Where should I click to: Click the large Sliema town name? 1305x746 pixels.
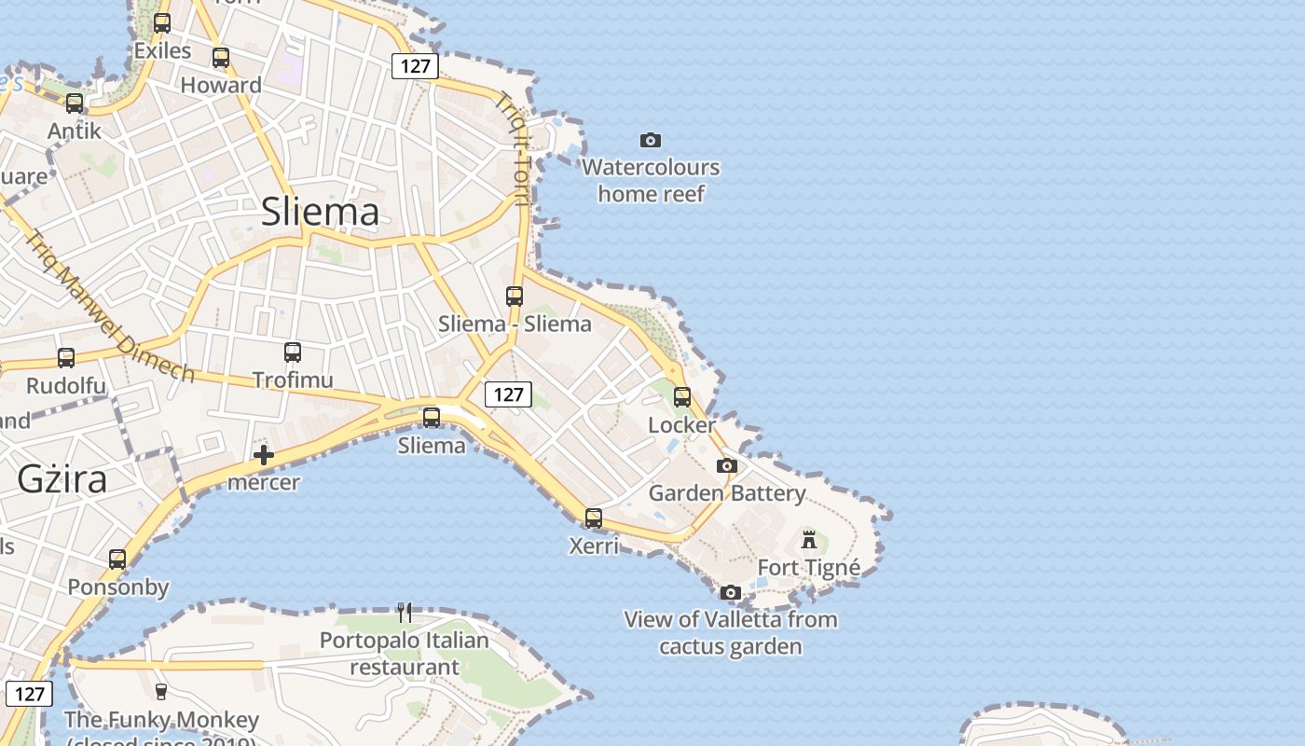pyautogui.click(x=320, y=212)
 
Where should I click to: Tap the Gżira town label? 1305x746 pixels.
pyautogui.click(x=62, y=479)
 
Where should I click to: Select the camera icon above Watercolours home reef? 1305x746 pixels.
pyautogui.click(x=651, y=141)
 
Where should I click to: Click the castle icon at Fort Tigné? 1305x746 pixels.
pyautogui.click(x=809, y=539)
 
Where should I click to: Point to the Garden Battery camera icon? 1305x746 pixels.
pyautogui.click(x=727, y=465)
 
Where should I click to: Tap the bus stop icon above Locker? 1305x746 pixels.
pyautogui.click(x=682, y=397)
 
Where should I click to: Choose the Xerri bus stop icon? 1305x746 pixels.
pyautogui.click(x=594, y=518)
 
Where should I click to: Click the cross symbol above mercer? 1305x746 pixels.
pyautogui.click(x=264, y=455)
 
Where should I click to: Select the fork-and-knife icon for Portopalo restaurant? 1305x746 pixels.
pyautogui.click(x=405, y=613)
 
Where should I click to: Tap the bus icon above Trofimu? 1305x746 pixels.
pyautogui.click(x=293, y=352)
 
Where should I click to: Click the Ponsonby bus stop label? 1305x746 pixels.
pyautogui.click(x=118, y=587)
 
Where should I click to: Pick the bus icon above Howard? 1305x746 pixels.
pyautogui.click(x=221, y=58)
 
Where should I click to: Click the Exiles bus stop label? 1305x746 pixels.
pyautogui.click(x=162, y=50)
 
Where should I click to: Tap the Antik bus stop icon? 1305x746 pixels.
pyautogui.click(x=75, y=104)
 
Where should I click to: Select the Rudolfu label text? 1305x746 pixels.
pyautogui.click(x=66, y=385)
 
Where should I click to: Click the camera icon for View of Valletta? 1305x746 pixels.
pyautogui.click(x=731, y=592)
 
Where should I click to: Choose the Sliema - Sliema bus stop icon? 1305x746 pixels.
pyautogui.click(x=515, y=297)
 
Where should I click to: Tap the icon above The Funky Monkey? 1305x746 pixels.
pyautogui.click(x=161, y=691)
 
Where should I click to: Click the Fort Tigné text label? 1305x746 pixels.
pyautogui.click(x=808, y=567)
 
